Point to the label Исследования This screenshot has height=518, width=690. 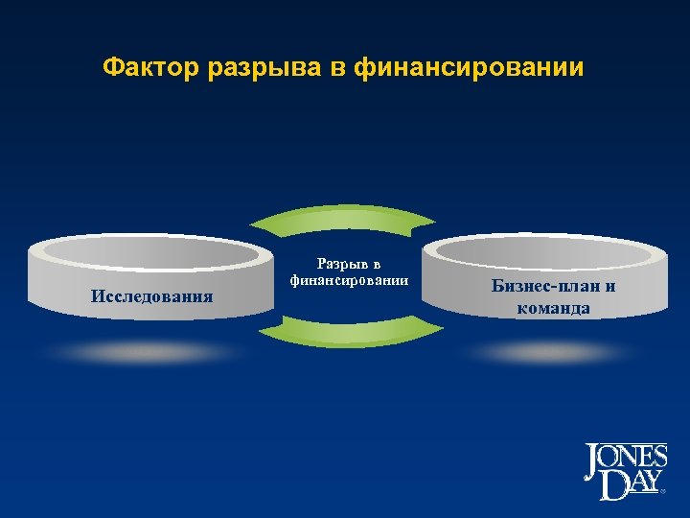click(152, 294)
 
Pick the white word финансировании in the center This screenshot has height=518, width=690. click(349, 280)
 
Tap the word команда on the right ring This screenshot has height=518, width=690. click(553, 308)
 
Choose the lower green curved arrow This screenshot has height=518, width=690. click(351, 333)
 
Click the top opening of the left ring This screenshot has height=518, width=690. click(150, 251)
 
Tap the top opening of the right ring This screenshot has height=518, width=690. click(544, 249)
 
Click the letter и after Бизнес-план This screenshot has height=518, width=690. click(610, 286)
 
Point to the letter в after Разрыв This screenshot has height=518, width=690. click(377, 264)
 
